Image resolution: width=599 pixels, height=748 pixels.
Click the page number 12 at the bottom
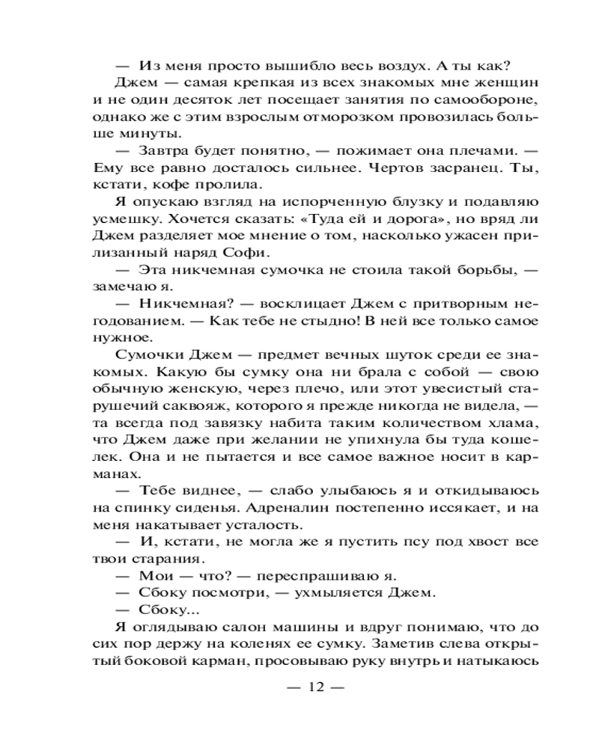pos(314,688)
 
